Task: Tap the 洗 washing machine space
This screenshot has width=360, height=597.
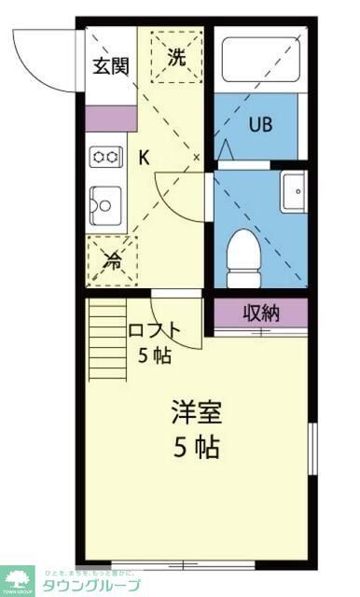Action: [x=176, y=56]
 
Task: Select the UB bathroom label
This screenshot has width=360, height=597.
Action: [x=259, y=126]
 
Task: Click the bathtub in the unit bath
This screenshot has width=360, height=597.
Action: [x=258, y=60]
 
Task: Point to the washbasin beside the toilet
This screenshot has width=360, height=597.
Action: [x=293, y=189]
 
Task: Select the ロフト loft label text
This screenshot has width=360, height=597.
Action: [x=154, y=329]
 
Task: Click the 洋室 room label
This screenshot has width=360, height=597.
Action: [x=196, y=411]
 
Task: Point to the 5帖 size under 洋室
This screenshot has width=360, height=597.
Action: [x=196, y=448]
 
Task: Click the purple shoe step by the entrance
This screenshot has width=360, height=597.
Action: [x=110, y=118]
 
